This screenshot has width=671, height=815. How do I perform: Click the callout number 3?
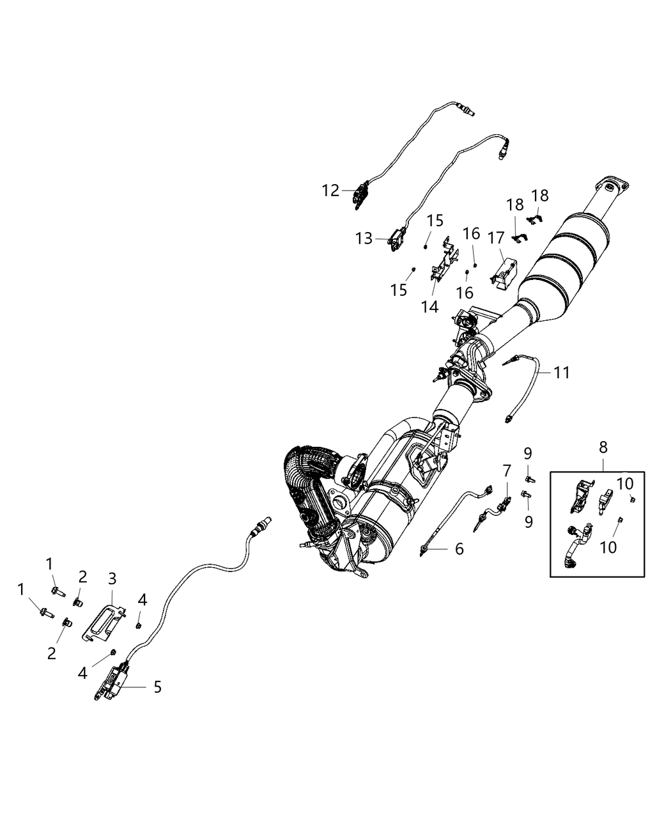tap(112, 579)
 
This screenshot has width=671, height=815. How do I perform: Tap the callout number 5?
tap(157, 687)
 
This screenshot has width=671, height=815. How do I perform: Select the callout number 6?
tap(459, 548)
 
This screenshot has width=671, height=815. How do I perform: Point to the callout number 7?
tap(506, 471)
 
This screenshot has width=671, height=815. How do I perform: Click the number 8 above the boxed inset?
tap(603, 447)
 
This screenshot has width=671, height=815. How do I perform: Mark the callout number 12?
tap(330, 190)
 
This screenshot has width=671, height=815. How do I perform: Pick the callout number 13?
tap(364, 238)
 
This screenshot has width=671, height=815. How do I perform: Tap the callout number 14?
tap(430, 307)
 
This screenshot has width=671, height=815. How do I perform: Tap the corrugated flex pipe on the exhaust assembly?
tap(304, 476)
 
